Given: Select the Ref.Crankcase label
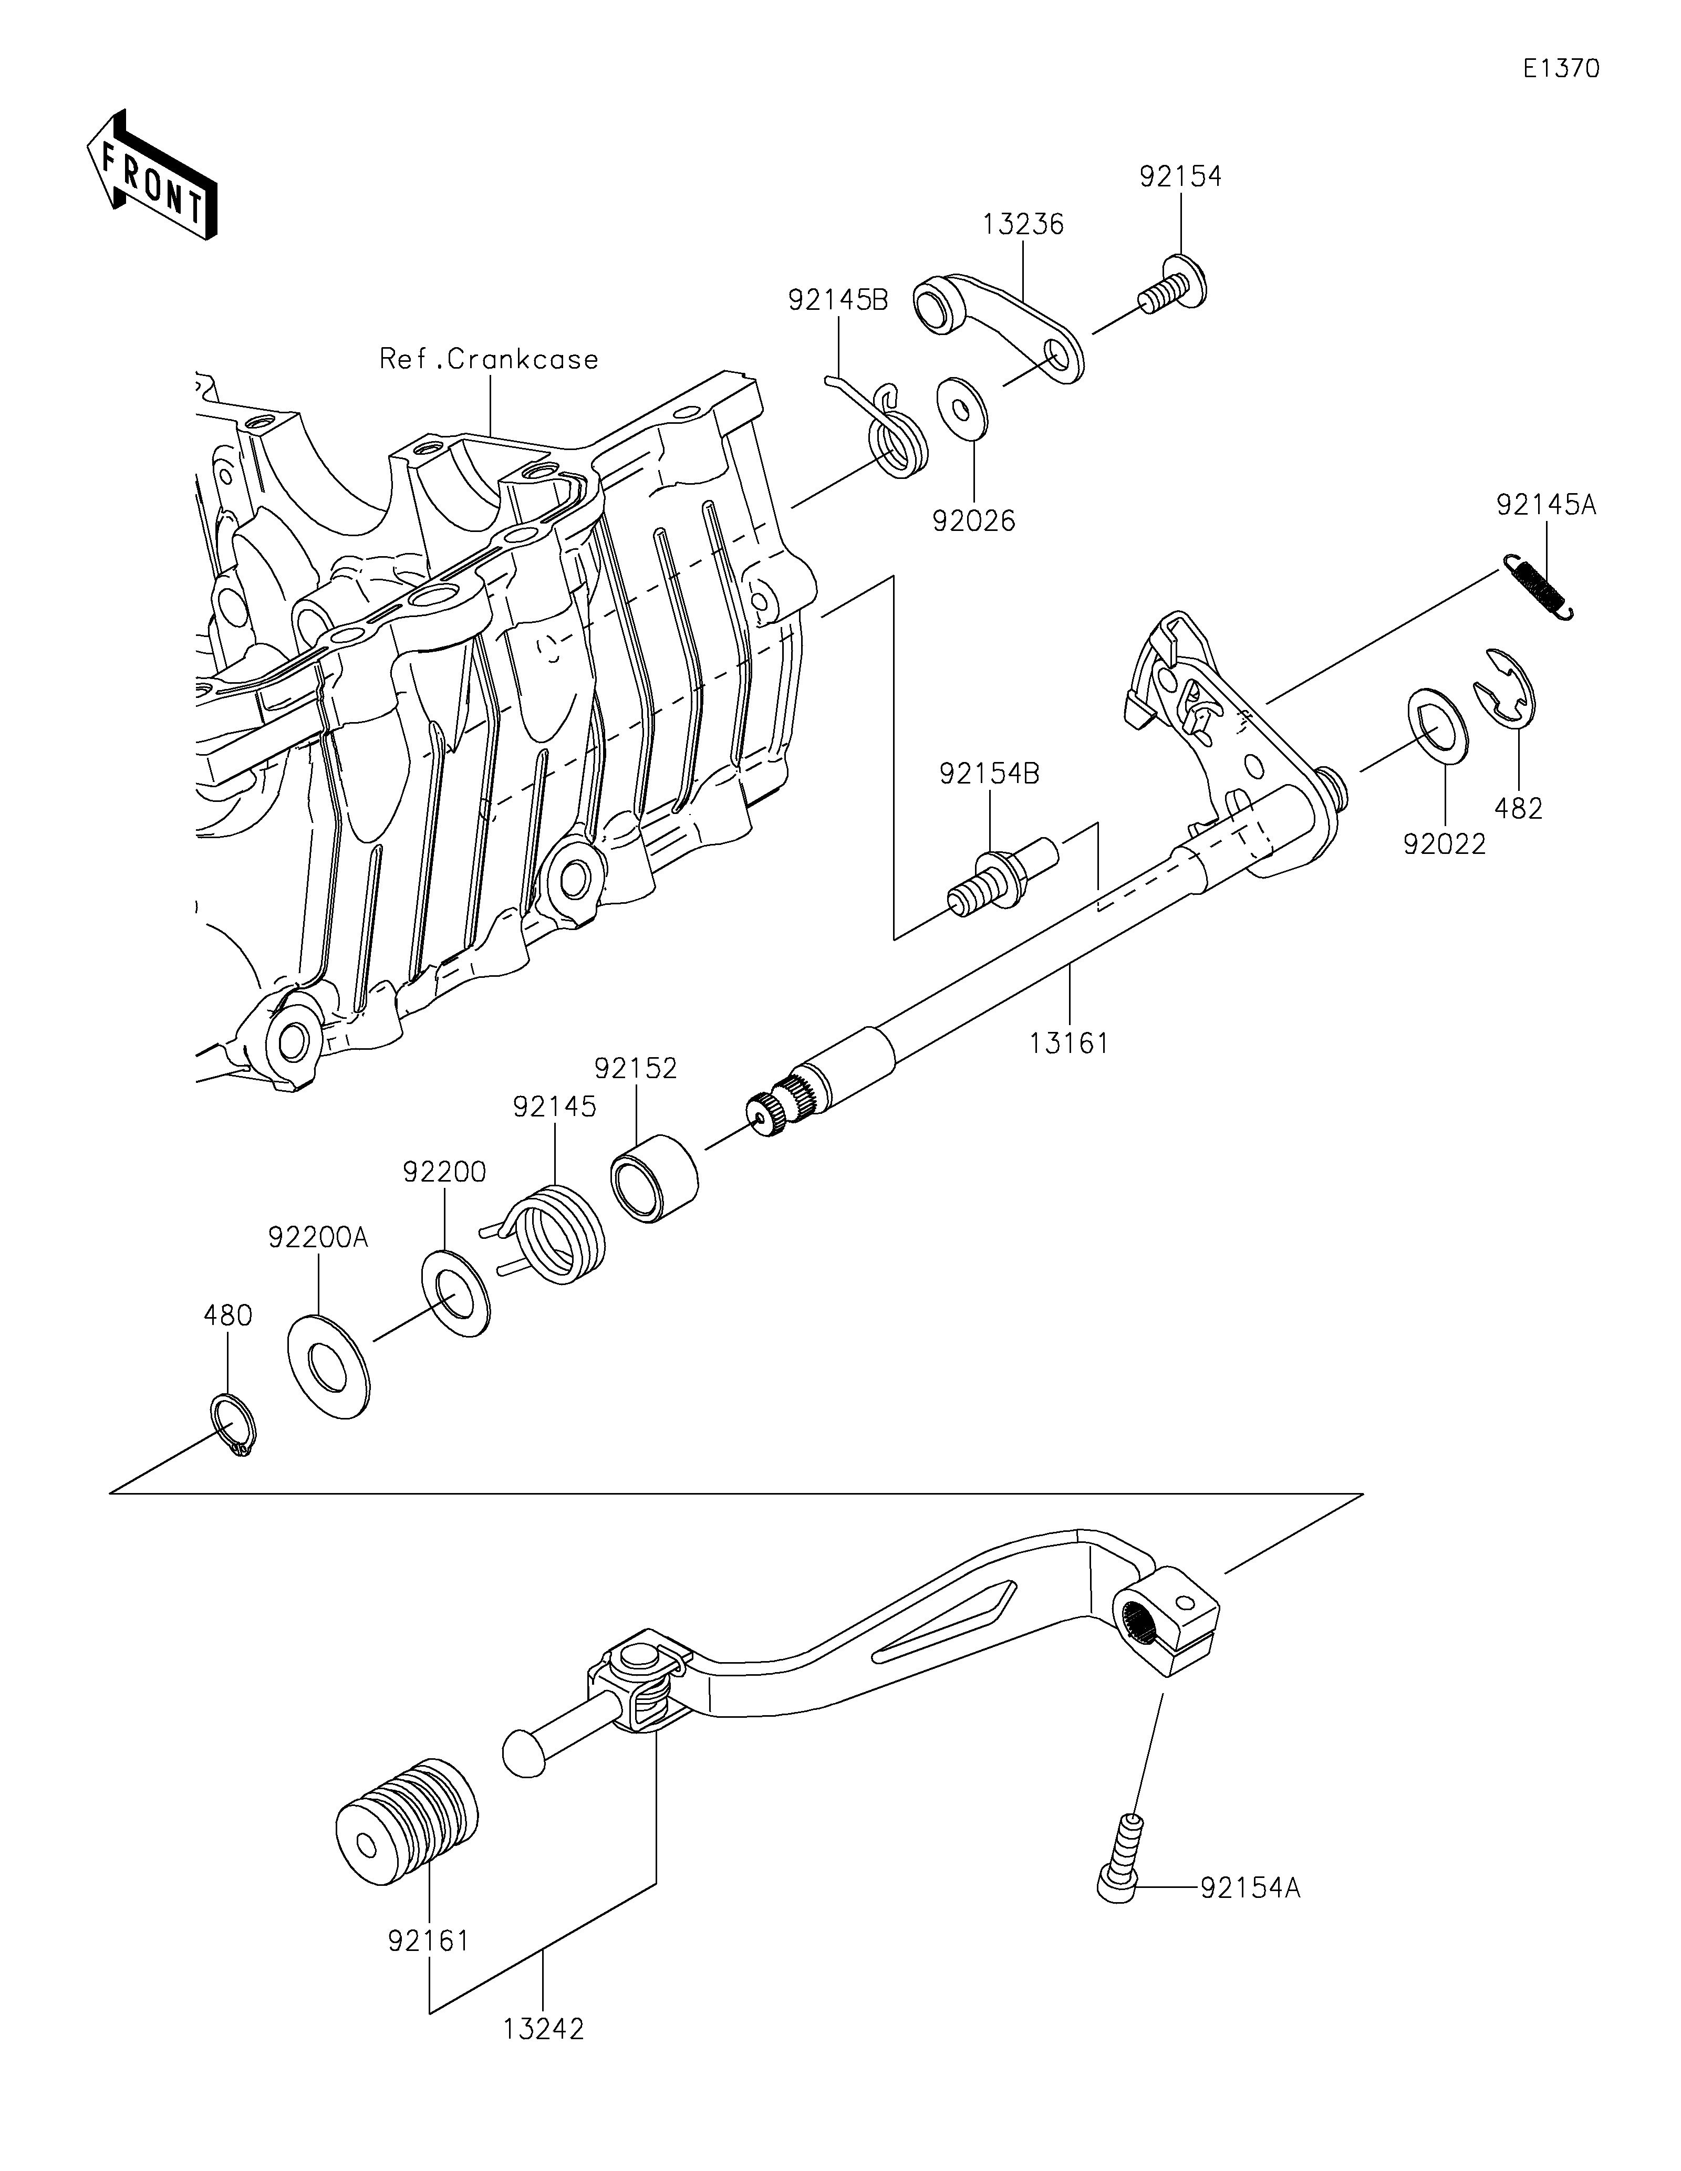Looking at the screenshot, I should pyautogui.click(x=489, y=359).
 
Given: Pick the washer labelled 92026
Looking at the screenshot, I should pyautogui.click(x=962, y=406).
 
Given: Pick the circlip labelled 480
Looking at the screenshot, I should pyautogui.click(x=234, y=1427).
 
